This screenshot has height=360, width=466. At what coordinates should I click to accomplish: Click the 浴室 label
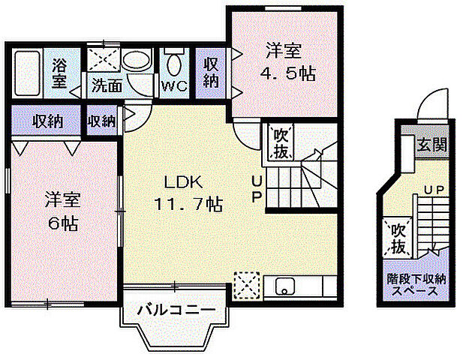point(59,73)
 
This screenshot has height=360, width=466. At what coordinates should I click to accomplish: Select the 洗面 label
point(106,85)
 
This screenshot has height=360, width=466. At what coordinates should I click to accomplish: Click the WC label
point(173,85)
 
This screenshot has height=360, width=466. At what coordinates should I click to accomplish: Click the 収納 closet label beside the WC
point(211,72)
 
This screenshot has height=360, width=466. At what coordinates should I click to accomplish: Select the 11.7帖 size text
point(187,203)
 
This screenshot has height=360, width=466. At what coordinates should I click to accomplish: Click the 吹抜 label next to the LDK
point(281,142)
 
